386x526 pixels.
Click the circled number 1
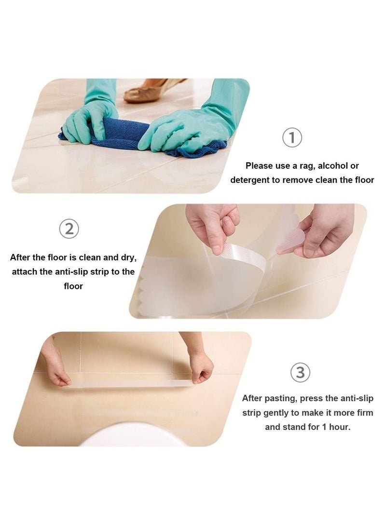tap(292, 138)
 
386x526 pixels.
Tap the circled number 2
tap(69, 229)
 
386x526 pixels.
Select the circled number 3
tap(300, 372)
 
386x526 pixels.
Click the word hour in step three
tap(339, 427)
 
